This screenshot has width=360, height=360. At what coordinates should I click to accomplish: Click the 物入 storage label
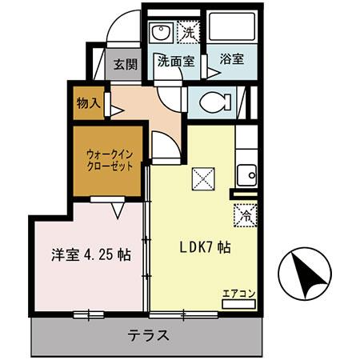click(87, 104)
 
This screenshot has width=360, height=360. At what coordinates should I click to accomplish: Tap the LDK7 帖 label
click(204, 249)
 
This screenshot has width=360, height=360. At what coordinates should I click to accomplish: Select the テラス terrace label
click(149, 337)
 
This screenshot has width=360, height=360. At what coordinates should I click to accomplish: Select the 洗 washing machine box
click(189, 34)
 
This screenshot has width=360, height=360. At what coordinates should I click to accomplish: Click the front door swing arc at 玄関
click(122, 28)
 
